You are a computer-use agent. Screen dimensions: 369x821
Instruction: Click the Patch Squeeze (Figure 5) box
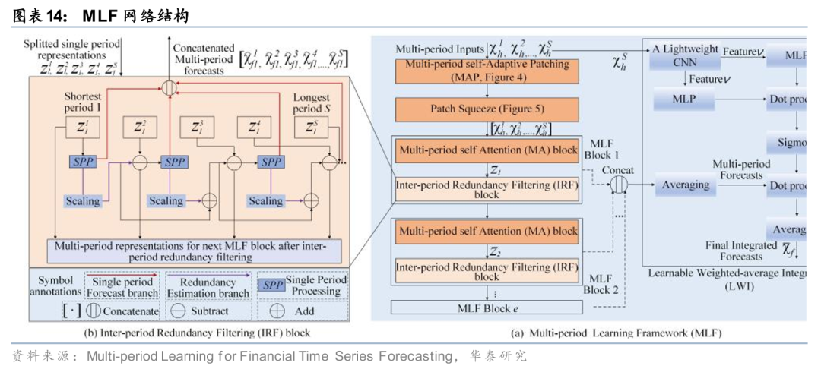pos(486,109)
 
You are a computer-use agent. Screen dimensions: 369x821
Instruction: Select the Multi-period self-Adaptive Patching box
pos(486,71)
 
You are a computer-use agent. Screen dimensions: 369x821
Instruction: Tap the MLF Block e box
pos(486,307)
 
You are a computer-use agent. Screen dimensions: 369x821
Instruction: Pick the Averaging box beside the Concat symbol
pos(686,184)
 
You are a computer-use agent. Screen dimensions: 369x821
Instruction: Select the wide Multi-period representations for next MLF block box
pos(194,251)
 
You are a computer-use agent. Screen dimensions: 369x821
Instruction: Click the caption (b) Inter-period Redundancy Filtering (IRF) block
pos(182,333)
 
